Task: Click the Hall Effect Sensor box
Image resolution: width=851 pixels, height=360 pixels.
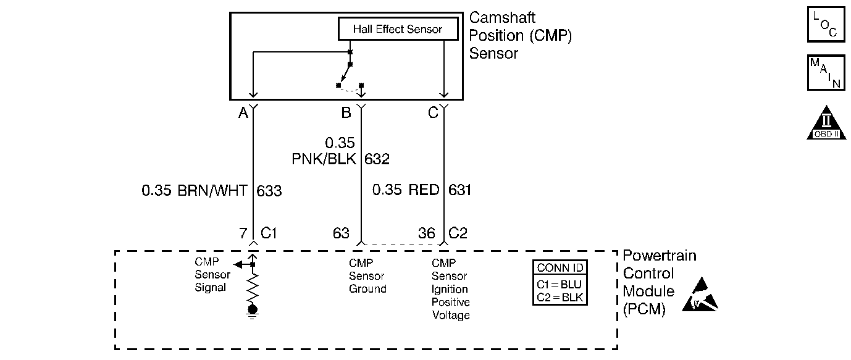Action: point(398,29)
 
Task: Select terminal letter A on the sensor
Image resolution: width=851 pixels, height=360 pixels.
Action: point(243,113)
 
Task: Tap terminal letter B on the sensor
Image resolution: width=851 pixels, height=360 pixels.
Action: point(346,113)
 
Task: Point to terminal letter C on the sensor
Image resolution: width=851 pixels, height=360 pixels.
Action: point(434,113)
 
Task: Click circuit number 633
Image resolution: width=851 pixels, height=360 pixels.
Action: point(269,191)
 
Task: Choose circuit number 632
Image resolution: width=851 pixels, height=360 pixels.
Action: point(377,159)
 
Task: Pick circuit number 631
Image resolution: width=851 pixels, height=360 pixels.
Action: point(459,190)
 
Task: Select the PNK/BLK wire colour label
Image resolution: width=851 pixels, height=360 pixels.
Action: point(324,159)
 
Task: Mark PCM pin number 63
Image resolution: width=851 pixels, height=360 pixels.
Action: point(341,233)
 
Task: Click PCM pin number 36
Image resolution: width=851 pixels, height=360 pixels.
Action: point(427,233)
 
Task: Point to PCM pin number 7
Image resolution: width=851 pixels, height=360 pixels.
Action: point(243,233)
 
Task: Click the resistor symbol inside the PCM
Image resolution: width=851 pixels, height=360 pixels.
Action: point(252,287)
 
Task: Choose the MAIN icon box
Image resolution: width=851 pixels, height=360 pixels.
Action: point(825,73)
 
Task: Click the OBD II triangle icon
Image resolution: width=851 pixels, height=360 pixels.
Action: point(826,123)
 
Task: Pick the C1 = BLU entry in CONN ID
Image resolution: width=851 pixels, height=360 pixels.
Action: point(560,285)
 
